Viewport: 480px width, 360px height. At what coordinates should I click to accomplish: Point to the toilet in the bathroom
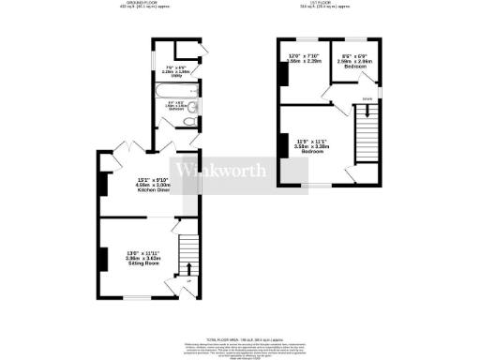(189, 120)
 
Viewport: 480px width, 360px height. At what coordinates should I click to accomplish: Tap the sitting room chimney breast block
(99, 257)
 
